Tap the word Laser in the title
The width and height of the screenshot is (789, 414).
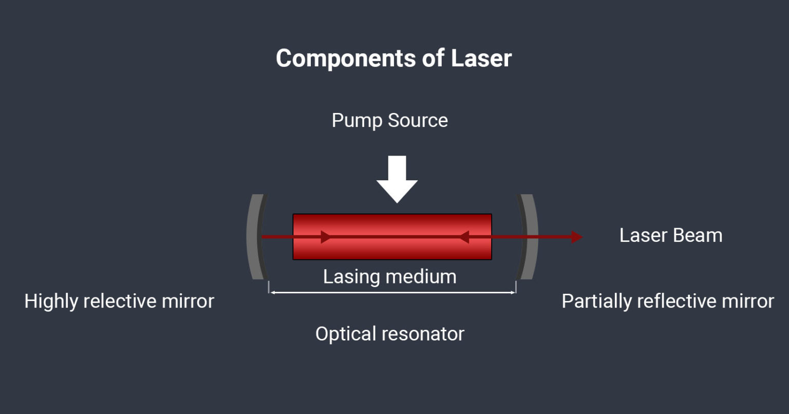[x=481, y=59]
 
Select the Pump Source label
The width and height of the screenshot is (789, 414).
[x=389, y=121]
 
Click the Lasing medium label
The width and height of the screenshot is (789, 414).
[x=389, y=277]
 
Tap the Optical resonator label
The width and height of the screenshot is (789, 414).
[x=389, y=334]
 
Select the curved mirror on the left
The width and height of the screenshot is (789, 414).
[x=255, y=237]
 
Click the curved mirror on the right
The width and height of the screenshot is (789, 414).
[x=529, y=237]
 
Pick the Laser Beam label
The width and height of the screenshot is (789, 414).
[x=670, y=236]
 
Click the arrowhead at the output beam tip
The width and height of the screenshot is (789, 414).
[x=577, y=237]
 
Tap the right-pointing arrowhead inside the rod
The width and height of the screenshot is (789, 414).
[x=326, y=237]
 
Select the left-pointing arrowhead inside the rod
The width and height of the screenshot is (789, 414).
[x=464, y=237]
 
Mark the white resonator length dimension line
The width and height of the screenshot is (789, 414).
[x=392, y=293]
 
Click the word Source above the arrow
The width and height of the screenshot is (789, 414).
[x=418, y=121]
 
